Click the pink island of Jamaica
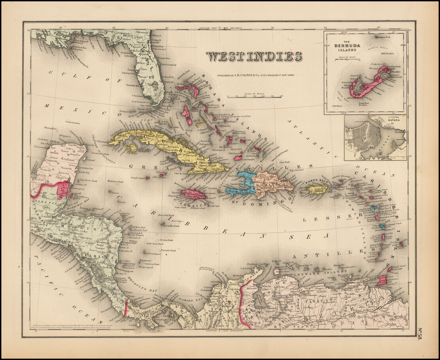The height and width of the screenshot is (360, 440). [193, 194]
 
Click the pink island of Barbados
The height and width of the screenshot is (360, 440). [401, 244]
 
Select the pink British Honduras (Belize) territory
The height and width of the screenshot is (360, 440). [63, 189]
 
